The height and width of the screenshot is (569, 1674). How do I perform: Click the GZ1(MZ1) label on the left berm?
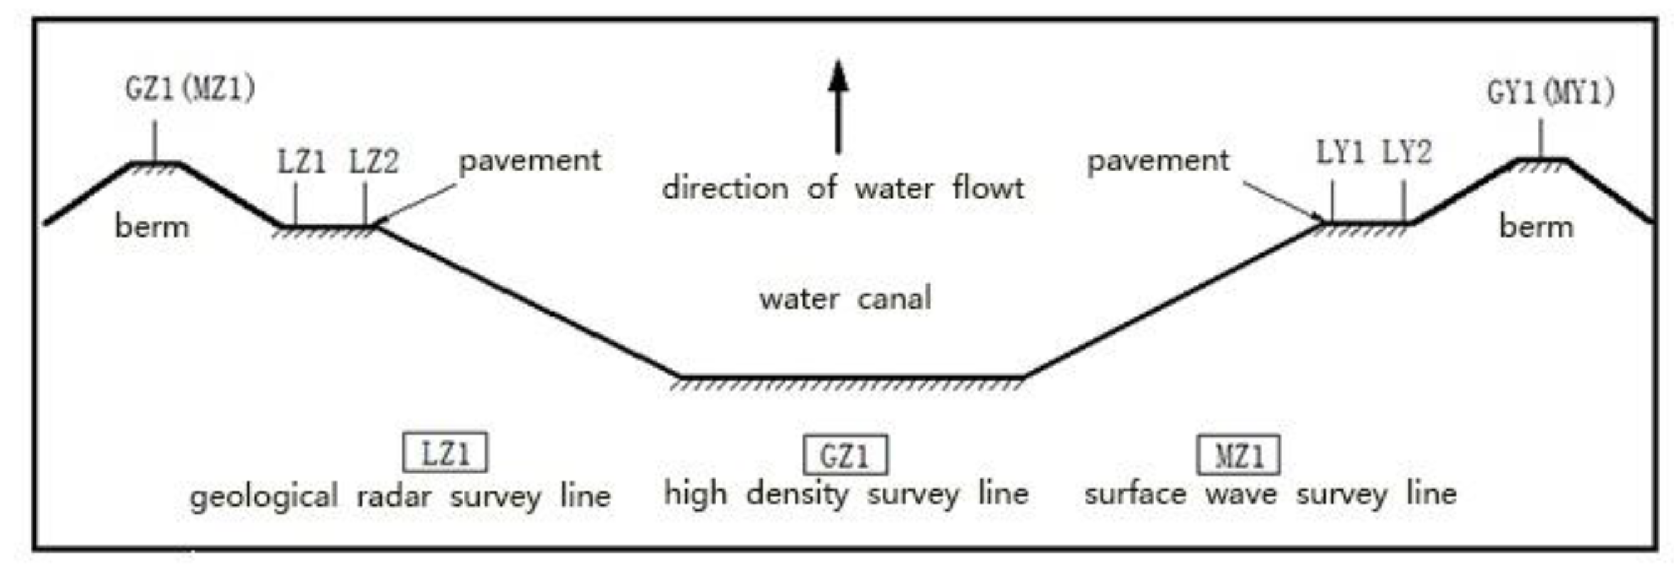[190, 89]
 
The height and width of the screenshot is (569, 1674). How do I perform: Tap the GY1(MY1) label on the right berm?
[1550, 93]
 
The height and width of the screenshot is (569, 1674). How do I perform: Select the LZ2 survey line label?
[373, 162]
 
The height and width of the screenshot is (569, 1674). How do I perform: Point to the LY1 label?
[1340, 154]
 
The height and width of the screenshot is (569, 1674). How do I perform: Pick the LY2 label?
[1406, 154]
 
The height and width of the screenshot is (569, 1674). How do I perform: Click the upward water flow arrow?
[839, 107]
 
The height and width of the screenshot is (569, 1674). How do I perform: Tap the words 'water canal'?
[845, 299]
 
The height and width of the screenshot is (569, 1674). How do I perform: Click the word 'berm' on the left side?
[152, 227]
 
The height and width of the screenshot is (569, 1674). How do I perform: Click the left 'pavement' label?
[530, 161]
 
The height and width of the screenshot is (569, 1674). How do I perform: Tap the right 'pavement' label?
[1158, 161]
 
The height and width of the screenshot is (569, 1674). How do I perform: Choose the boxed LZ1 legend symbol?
[445, 453]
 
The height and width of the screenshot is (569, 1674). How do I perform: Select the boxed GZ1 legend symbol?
[845, 455]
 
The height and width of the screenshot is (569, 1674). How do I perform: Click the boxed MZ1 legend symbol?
[1238, 455]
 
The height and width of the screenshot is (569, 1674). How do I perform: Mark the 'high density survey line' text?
[846, 495]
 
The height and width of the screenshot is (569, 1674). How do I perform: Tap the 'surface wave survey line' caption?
[1270, 495]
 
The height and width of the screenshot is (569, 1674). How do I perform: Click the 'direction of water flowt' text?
[843, 189]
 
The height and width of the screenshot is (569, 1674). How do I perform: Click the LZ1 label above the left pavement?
[301, 162]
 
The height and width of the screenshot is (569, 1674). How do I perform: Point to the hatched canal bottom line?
[851, 379]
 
